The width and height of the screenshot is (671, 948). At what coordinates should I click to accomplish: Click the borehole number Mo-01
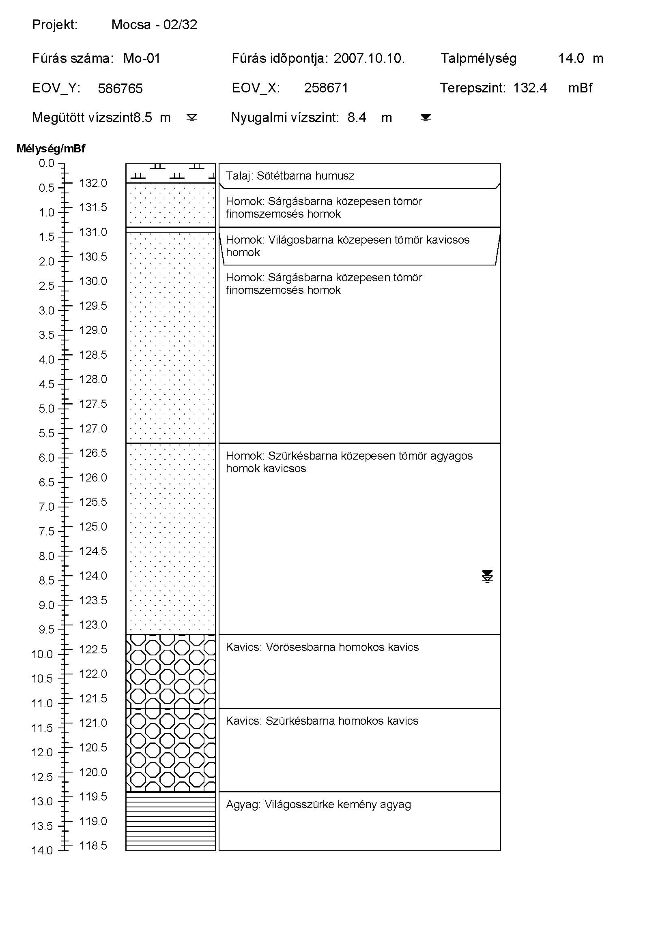pos(141,58)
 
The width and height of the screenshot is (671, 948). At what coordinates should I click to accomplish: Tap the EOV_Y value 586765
pos(120,88)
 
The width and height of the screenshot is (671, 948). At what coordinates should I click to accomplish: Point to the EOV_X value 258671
pos(326,88)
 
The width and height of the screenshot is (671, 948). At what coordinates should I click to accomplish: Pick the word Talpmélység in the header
pos(478,58)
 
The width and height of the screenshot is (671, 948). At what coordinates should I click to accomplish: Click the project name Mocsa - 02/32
pos(154,25)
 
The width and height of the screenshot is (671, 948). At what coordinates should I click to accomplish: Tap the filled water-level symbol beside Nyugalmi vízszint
pos(426,118)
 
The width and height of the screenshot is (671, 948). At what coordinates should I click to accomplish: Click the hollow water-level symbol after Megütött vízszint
pos(192,118)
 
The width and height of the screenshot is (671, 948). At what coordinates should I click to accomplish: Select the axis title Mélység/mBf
pos(50,149)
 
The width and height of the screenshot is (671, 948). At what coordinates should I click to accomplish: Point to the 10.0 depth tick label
pos(42,655)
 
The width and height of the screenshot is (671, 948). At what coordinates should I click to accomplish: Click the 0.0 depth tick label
pos(46,163)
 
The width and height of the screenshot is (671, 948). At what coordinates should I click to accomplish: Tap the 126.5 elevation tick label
pos(93,453)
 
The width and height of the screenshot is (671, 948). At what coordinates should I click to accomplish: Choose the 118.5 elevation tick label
pos(93,845)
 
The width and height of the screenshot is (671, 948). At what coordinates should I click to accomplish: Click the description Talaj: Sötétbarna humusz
pos(290,176)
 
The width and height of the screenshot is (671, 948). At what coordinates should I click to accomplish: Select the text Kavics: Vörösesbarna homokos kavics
pos(322,647)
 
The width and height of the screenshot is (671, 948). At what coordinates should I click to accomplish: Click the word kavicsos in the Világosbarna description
pos(448,240)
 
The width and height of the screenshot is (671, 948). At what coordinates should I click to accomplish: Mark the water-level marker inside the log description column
pos(487,576)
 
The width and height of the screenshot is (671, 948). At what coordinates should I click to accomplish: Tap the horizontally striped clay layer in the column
pos(170,821)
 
